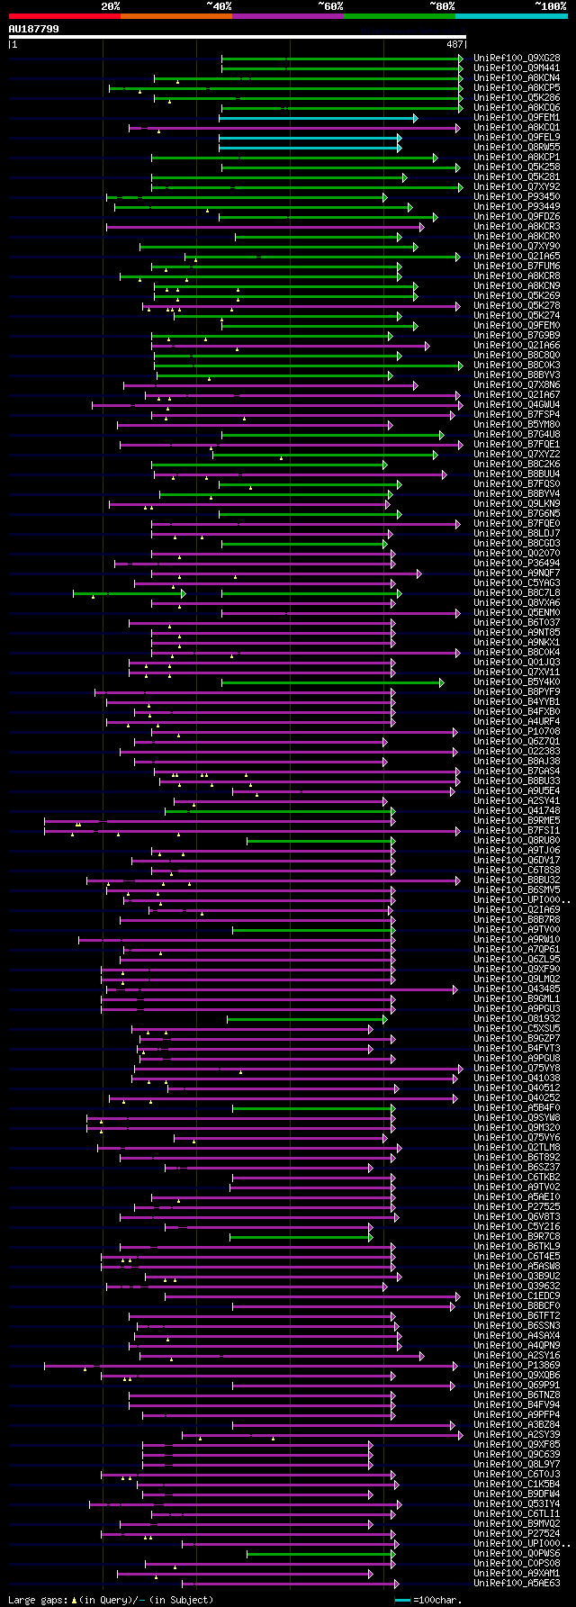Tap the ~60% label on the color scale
coord(330,5)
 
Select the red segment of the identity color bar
coord(64,15)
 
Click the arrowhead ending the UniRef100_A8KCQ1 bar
coord(457,128)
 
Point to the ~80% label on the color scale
coord(442,5)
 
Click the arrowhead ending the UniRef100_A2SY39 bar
coord(457,1435)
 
